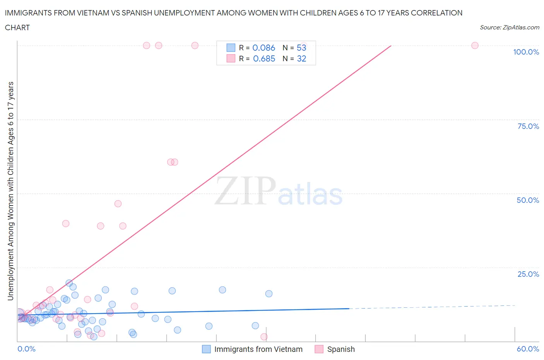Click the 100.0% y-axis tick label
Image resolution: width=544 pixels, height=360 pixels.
click(526, 52)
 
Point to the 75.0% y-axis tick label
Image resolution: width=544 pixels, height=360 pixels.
click(528, 126)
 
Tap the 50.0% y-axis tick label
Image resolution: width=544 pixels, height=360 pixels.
click(528, 200)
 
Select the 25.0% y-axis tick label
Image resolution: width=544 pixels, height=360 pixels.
click(528, 274)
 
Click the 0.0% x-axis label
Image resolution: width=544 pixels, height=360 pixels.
click(26, 349)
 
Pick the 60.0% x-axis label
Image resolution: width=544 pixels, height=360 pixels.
click(528, 349)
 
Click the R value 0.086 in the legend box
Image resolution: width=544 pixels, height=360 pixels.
click(263, 48)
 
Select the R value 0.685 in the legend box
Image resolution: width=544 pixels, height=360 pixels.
click(264, 58)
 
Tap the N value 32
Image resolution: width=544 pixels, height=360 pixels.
click(301, 58)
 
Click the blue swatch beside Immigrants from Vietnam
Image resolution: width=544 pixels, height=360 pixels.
click(207, 349)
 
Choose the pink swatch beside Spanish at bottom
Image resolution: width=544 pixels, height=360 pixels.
click(319, 349)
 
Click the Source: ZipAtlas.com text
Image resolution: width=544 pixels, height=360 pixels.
click(509, 27)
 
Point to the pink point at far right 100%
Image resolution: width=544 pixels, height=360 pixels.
click(475, 45)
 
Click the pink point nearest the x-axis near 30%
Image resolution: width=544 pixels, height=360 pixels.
click(264, 337)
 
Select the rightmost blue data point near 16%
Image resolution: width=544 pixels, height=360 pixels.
click(269, 294)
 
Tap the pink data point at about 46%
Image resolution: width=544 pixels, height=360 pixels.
click(118, 204)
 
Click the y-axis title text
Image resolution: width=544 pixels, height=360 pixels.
click(10, 191)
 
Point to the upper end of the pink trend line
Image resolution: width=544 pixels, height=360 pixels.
click(391, 46)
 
